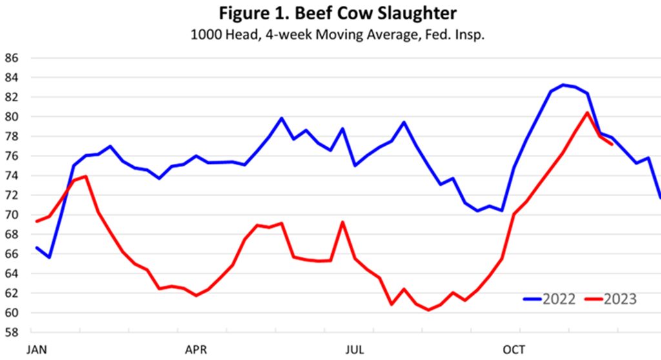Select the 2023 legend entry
click(610, 299)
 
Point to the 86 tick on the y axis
click(12, 58)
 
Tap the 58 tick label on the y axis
click(12, 333)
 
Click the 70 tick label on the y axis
click(12, 215)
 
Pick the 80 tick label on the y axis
click(12, 117)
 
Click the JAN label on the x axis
click(36, 350)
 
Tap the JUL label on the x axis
click(356, 350)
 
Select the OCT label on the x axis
click(515, 350)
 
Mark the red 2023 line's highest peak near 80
click(587, 112)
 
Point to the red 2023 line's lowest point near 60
click(429, 310)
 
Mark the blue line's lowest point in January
click(49, 257)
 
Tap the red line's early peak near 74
click(86, 176)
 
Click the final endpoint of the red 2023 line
click(612, 144)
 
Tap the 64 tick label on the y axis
click(12, 274)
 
